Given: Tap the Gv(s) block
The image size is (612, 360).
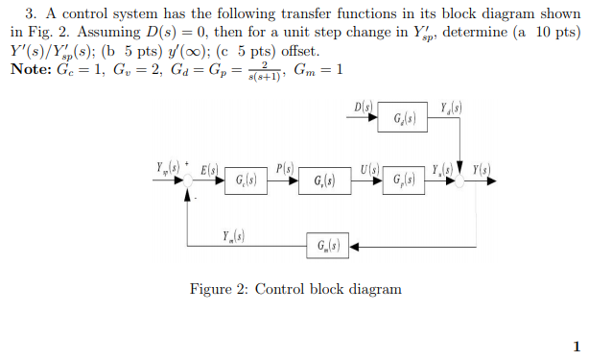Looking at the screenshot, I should click(x=324, y=181).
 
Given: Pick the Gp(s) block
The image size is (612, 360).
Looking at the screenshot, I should click(x=404, y=181).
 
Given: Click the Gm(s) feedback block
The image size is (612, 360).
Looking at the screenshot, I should click(x=326, y=247).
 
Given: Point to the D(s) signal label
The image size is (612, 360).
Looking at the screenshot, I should click(x=363, y=106).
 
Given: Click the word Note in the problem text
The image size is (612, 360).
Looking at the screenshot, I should click(x=30, y=70).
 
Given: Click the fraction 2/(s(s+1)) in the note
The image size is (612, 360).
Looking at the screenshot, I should click(x=247, y=71).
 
